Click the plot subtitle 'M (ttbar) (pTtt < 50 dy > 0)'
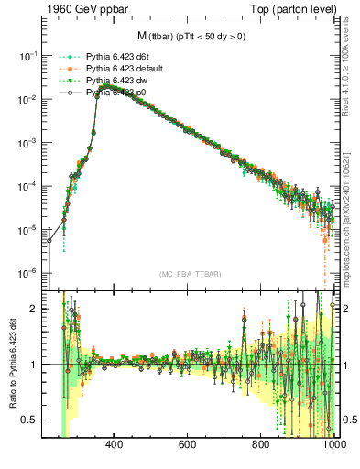[x=191, y=37]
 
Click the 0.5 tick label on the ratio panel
[x=31, y=420]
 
